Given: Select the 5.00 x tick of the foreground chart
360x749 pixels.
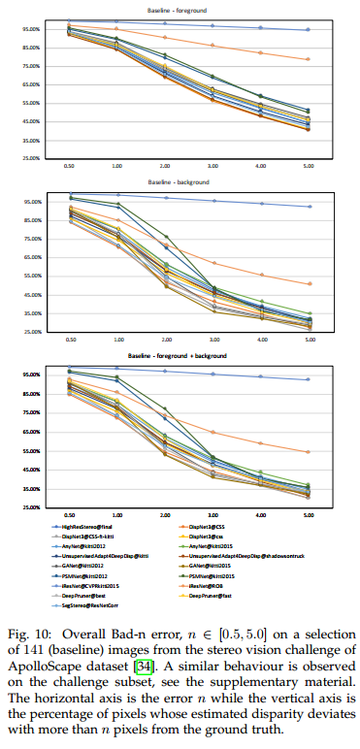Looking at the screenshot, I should point(308,166).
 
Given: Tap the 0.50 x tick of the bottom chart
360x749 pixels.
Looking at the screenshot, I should point(70,515).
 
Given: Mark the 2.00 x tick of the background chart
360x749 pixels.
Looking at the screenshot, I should point(165,341).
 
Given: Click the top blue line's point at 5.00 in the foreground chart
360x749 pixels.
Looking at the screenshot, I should point(308,30).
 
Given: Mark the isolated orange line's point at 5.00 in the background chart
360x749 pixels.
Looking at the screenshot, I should point(308,283).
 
